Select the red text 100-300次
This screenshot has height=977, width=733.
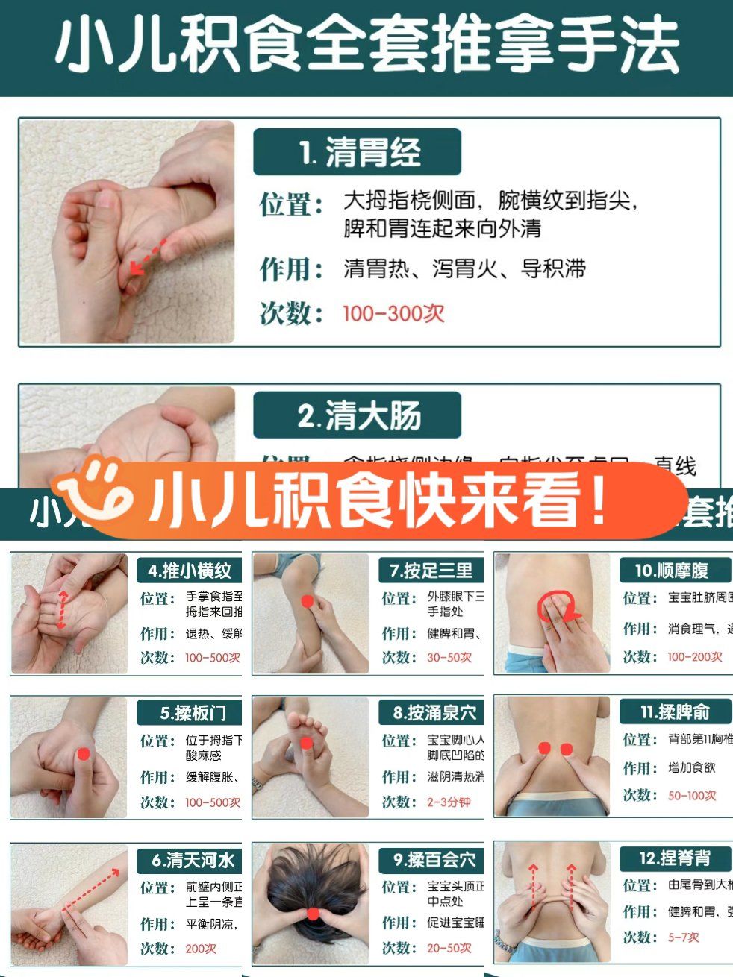pyautogui.click(x=393, y=313)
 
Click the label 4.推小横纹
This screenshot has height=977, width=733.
pyautogui.click(x=190, y=571)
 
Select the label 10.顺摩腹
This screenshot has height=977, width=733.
pyautogui.click(x=672, y=571)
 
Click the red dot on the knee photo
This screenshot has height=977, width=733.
pyautogui.click(x=307, y=600)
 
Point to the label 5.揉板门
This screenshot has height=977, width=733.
pyautogui.click(x=191, y=713)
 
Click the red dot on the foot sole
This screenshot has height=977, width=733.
pyautogui.click(x=306, y=743)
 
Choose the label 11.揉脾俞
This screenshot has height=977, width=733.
pyautogui.click(x=674, y=712)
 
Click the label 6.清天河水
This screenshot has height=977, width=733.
pyautogui.click(x=192, y=860)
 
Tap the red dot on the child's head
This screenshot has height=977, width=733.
pyautogui.click(x=313, y=914)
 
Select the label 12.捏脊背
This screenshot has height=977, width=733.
pyautogui.click(x=674, y=858)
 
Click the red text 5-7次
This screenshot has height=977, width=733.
pyautogui.click(x=683, y=937)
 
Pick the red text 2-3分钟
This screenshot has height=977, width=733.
pyautogui.click(x=449, y=802)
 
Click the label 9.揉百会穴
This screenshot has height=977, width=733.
pyautogui.click(x=434, y=860)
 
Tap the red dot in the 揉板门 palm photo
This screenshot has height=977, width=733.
pyautogui.click(x=84, y=754)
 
